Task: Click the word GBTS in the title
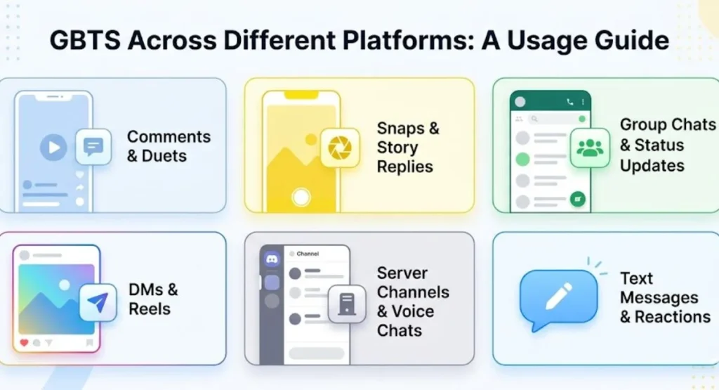pos(85,40)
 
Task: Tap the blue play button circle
pos(53,148)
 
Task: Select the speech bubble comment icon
pos(93,147)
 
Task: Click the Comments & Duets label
pos(169,146)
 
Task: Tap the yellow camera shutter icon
pos(340,148)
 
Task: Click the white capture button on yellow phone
pos(301,197)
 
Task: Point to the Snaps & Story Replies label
pos(408,148)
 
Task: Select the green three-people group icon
pos(590,148)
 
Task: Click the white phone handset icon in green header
pos(570,102)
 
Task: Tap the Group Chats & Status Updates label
pos(668,145)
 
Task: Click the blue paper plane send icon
pos(98,303)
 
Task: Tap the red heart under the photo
pos(25,342)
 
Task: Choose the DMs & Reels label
pos(153,299)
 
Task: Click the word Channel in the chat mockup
pos(308,254)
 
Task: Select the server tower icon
pos(347,304)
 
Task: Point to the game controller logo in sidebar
pos(272,260)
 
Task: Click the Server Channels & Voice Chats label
pos(413,301)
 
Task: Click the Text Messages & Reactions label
pos(666,297)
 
